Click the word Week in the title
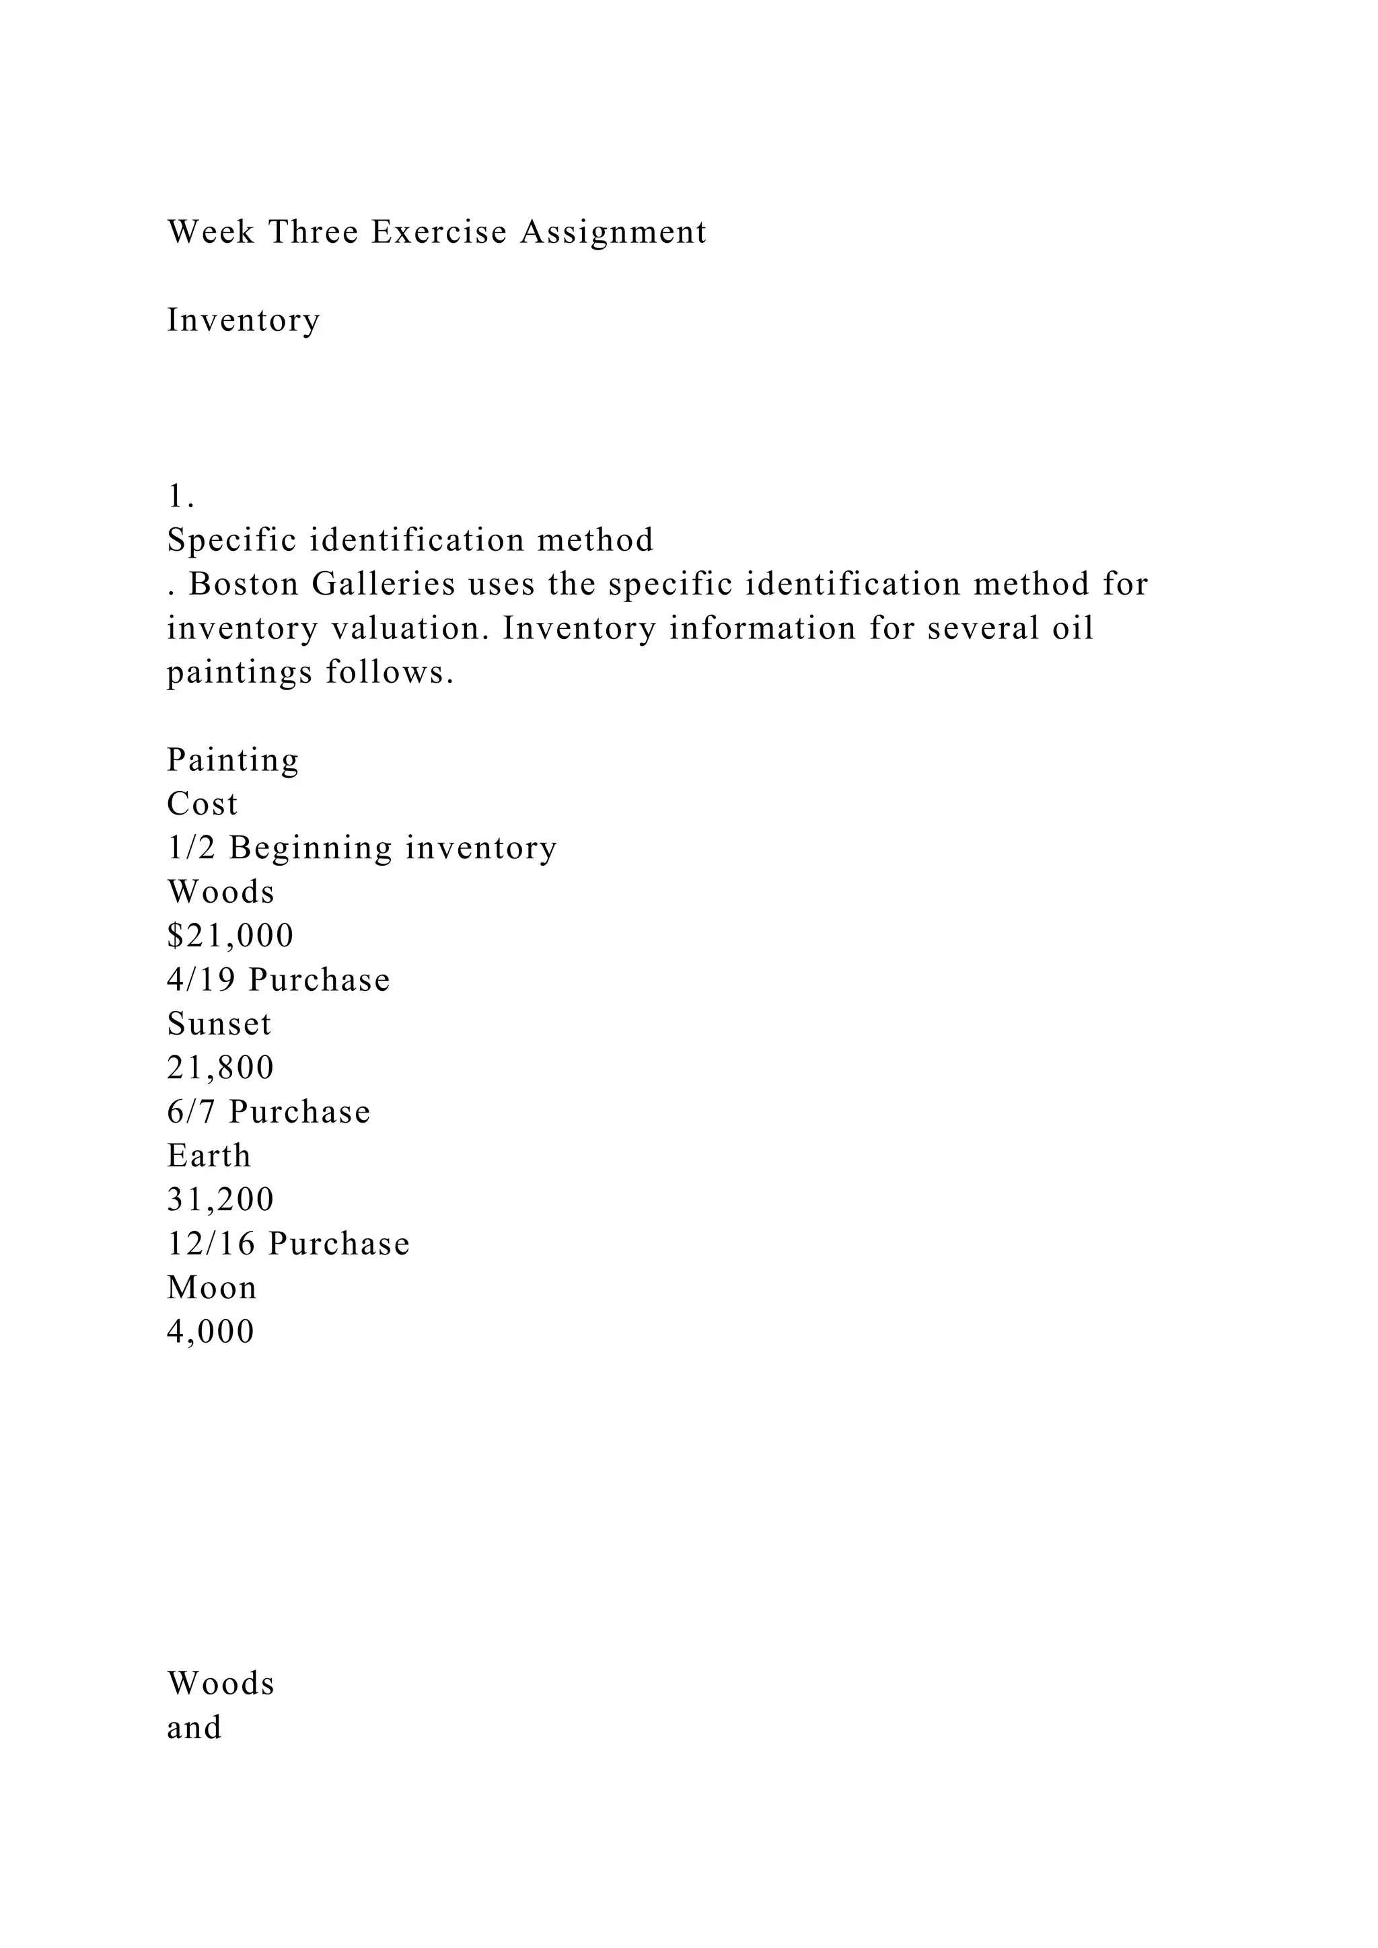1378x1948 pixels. click(211, 231)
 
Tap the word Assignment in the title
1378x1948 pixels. click(613, 231)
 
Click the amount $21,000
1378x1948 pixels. click(230, 935)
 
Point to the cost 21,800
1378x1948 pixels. click(221, 1067)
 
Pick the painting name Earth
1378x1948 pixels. click(209, 1156)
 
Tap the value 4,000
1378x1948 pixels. click(211, 1331)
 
